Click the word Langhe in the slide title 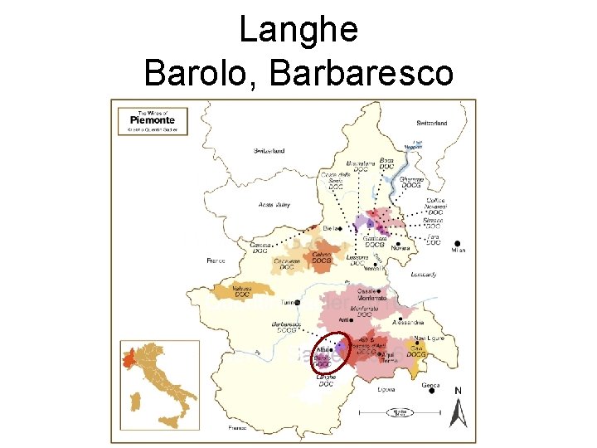(298, 30)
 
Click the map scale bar (404, 411)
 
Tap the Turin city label (290, 303)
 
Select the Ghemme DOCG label (412, 183)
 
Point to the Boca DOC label (386, 163)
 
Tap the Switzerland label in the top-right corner (431, 123)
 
